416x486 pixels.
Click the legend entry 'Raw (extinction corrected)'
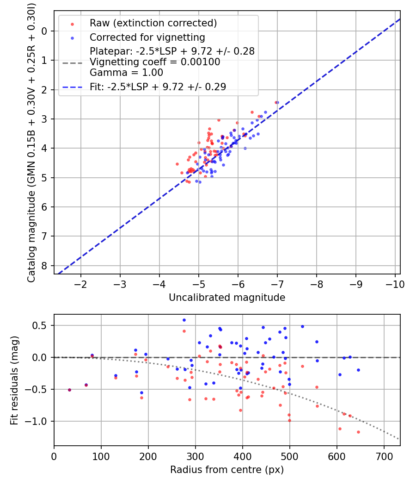click(x=153, y=23)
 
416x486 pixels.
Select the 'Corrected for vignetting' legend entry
click(x=147, y=37)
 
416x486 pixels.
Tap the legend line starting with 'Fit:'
click(x=158, y=87)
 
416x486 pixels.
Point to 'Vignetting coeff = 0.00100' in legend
click(x=155, y=62)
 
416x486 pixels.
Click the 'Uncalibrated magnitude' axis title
click(x=227, y=298)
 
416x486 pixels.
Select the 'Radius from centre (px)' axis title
click(x=227, y=470)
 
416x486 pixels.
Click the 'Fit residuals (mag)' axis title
click(x=14, y=380)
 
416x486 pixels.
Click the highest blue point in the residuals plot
click(x=184, y=320)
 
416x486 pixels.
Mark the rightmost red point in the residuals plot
click(x=358, y=432)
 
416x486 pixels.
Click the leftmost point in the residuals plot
click(x=69, y=390)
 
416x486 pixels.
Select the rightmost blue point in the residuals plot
click(x=358, y=370)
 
